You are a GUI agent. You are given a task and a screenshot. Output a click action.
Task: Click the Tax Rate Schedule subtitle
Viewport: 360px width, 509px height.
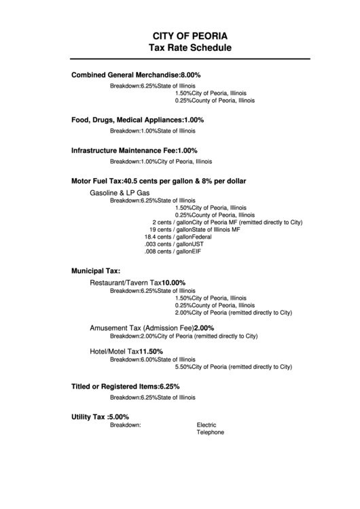(x=190, y=48)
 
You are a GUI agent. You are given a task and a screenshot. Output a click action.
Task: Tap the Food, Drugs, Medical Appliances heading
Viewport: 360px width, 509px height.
(x=137, y=120)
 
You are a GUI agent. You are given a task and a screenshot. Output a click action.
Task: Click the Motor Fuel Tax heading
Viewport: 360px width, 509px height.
(x=158, y=181)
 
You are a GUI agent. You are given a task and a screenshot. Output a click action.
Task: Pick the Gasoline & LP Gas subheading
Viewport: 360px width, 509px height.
(x=120, y=193)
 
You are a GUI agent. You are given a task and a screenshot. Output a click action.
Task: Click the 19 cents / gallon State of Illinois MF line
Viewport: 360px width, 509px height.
(x=195, y=230)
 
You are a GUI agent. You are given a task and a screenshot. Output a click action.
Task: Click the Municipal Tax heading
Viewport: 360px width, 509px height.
(x=96, y=270)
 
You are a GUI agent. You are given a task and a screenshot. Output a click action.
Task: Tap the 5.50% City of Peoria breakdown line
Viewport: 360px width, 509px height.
(x=233, y=367)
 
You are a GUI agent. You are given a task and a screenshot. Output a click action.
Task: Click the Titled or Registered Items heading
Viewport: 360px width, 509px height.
(x=126, y=386)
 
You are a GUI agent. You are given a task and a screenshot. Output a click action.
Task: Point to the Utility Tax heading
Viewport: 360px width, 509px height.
(x=100, y=417)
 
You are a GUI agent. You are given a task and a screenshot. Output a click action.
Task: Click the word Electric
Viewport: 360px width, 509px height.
(x=206, y=425)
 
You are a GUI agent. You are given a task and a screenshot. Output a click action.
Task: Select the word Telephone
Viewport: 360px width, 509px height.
(x=210, y=432)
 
